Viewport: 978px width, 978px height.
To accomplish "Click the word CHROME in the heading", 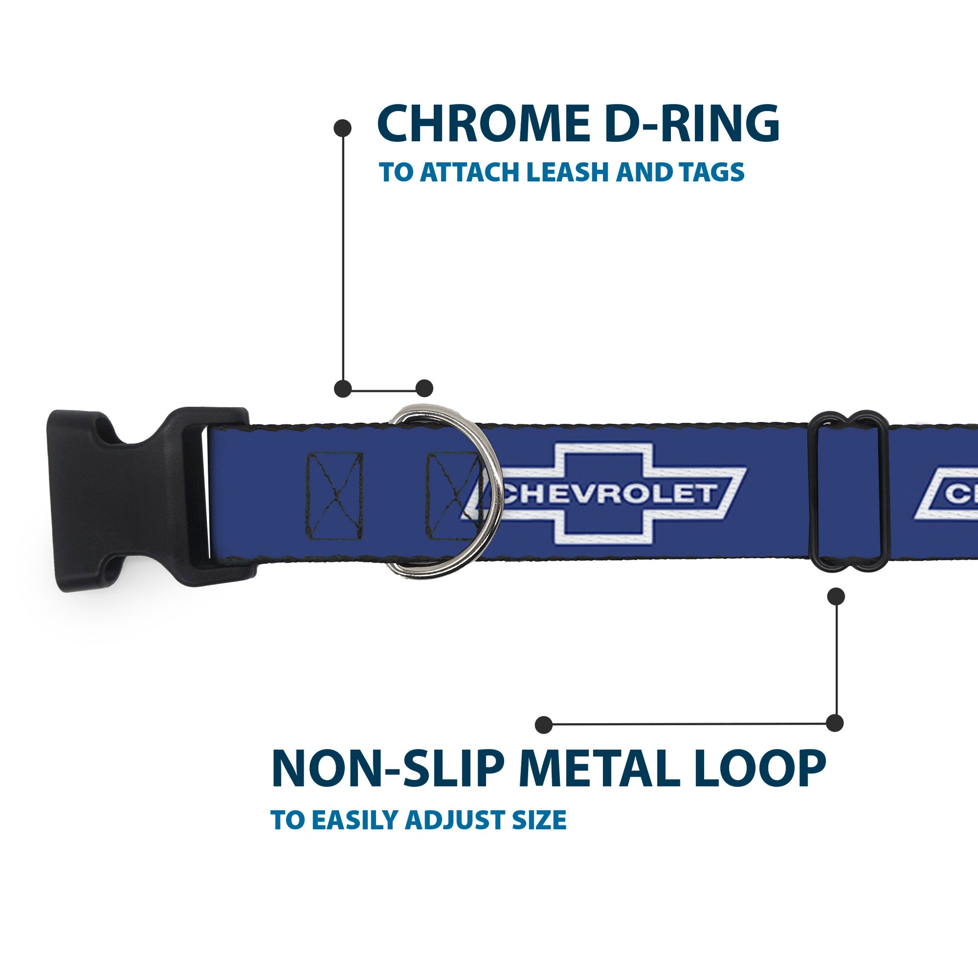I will coord(483,124).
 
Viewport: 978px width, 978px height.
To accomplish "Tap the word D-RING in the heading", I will coord(692,124).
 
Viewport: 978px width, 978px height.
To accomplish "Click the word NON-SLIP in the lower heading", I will coord(388,769).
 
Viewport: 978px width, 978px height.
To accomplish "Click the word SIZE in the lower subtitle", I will coord(539,820).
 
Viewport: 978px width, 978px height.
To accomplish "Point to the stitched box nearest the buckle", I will coord(335,496).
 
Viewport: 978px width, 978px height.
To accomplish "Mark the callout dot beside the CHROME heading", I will coord(343,128).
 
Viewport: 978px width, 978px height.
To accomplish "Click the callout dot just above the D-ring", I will coord(424,389).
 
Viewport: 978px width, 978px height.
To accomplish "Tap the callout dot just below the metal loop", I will coord(836,597).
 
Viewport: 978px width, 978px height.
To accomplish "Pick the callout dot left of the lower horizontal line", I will coord(544,725).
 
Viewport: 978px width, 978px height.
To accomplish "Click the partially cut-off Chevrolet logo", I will coord(947,494).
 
